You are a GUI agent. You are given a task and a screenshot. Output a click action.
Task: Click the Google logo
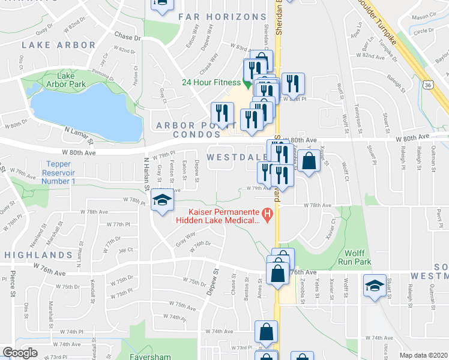click(20, 353)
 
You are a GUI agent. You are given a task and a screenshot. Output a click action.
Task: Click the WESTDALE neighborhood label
click(236, 157)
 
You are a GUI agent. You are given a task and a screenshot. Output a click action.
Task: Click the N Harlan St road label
click(146, 174)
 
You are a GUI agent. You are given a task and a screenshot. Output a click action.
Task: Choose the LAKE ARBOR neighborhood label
click(58, 45)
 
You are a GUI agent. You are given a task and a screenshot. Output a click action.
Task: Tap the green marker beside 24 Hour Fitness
click(246, 83)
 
